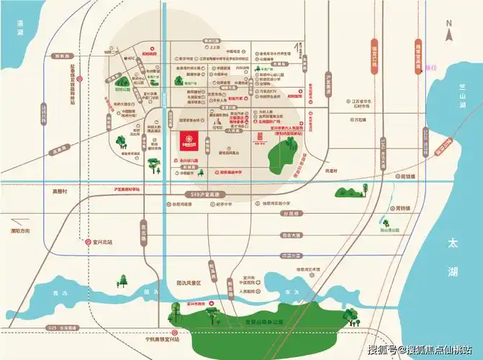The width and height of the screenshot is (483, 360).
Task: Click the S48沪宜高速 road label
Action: coord(205,194)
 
